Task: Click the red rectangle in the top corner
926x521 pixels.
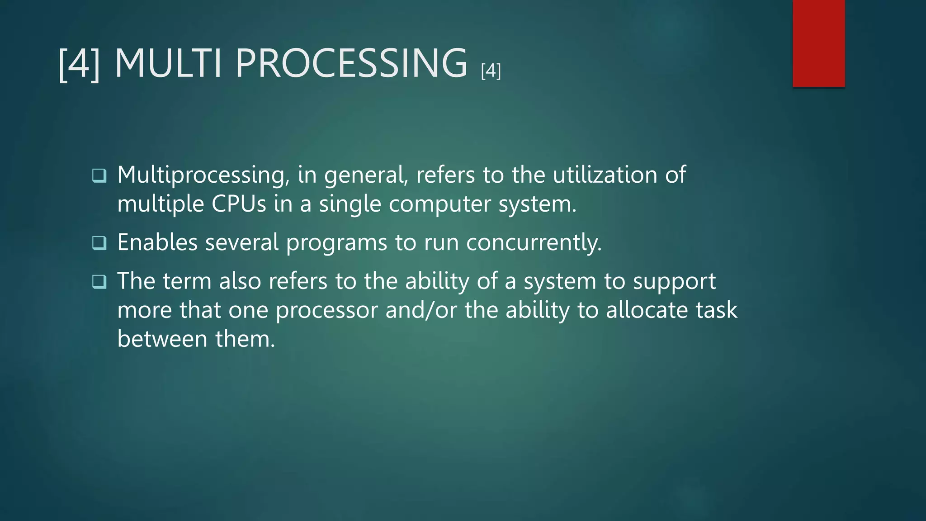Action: pyautogui.click(x=818, y=43)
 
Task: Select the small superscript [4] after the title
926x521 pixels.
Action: pyautogui.click(x=491, y=71)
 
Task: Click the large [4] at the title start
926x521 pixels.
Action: pyautogui.click(x=80, y=64)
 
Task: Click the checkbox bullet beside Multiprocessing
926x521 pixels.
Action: pyautogui.click(x=99, y=175)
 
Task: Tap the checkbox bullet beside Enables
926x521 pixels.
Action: pyautogui.click(x=99, y=243)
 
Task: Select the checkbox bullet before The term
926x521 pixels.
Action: pyautogui.click(x=99, y=282)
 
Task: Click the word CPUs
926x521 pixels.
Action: pyautogui.click(x=239, y=204)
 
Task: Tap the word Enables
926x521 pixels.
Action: pyautogui.click(x=157, y=242)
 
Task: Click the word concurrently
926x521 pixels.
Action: pyautogui.click(x=534, y=243)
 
